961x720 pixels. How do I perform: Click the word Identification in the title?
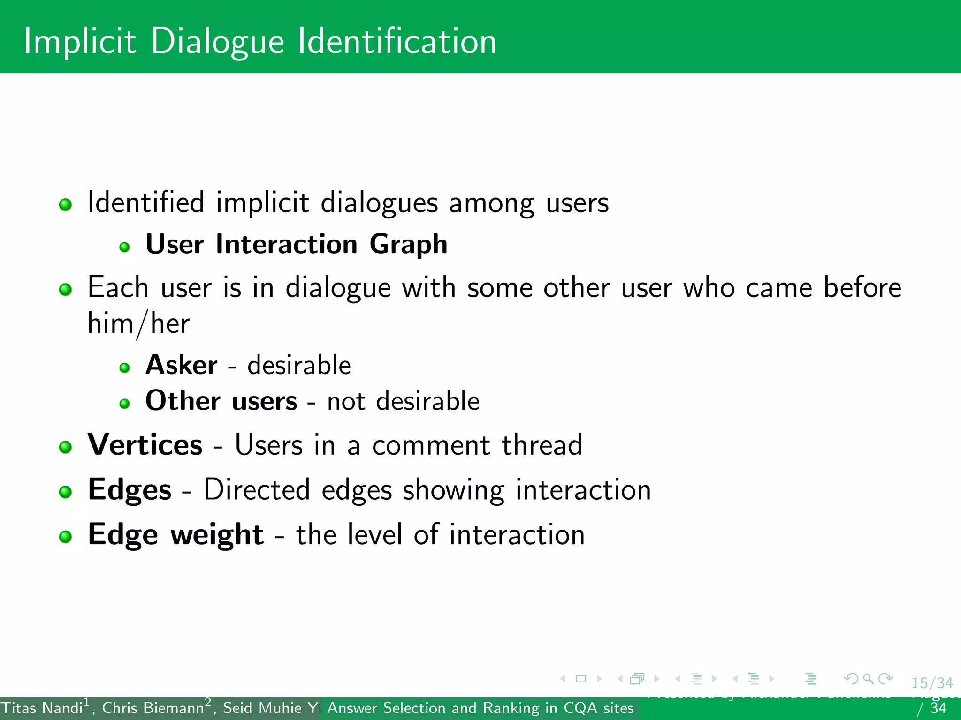(x=397, y=41)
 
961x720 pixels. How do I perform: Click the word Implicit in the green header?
(x=80, y=41)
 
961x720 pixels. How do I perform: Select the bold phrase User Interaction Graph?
(x=296, y=244)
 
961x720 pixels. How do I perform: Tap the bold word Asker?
(x=181, y=365)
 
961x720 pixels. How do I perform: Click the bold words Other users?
(x=221, y=401)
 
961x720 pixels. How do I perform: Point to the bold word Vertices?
(x=145, y=444)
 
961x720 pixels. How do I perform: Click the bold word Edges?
(x=130, y=490)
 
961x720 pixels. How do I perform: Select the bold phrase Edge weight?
(x=175, y=534)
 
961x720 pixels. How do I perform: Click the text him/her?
(x=138, y=323)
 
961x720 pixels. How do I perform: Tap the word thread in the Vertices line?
(x=542, y=444)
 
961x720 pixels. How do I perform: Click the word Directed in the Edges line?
(x=256, y=490)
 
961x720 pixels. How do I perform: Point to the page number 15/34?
(x=932, y=683)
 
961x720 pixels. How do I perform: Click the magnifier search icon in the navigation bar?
(x=868, y=679)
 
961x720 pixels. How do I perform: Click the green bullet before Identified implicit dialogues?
(x=65, y=205)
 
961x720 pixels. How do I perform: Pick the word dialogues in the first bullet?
(x=379, y=203)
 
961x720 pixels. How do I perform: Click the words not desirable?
(x=403, y=401)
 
